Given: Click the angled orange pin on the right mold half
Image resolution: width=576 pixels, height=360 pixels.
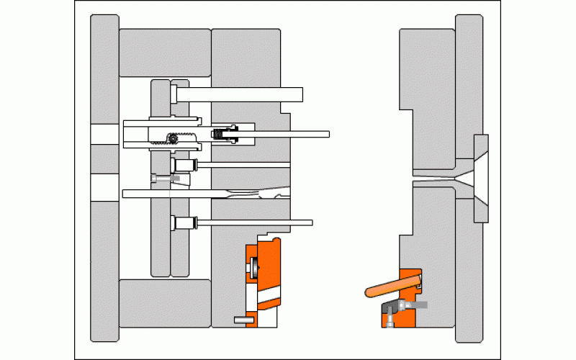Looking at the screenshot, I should click(x=392, y=285).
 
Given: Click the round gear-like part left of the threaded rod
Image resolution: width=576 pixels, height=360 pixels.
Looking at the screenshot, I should click(x=171, y=140).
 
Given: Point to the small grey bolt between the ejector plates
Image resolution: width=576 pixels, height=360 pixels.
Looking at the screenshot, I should click(x=166, y=176).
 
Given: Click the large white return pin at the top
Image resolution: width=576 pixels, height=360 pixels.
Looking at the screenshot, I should click(x=238, y=94).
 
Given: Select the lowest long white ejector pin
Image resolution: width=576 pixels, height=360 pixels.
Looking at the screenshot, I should click(x=252, y=222).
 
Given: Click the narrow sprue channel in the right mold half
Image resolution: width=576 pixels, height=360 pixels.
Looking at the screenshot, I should click(x=432, y=177).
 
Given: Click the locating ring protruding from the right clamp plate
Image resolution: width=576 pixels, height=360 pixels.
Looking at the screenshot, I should click(x=481, y=177).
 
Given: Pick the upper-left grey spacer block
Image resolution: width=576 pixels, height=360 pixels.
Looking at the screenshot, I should click(x=164, y=53).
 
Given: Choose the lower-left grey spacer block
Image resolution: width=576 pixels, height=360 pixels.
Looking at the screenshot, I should click(x=164, y=302).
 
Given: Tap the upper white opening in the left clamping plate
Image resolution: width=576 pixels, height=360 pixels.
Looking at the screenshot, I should click(x=104, y=134).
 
